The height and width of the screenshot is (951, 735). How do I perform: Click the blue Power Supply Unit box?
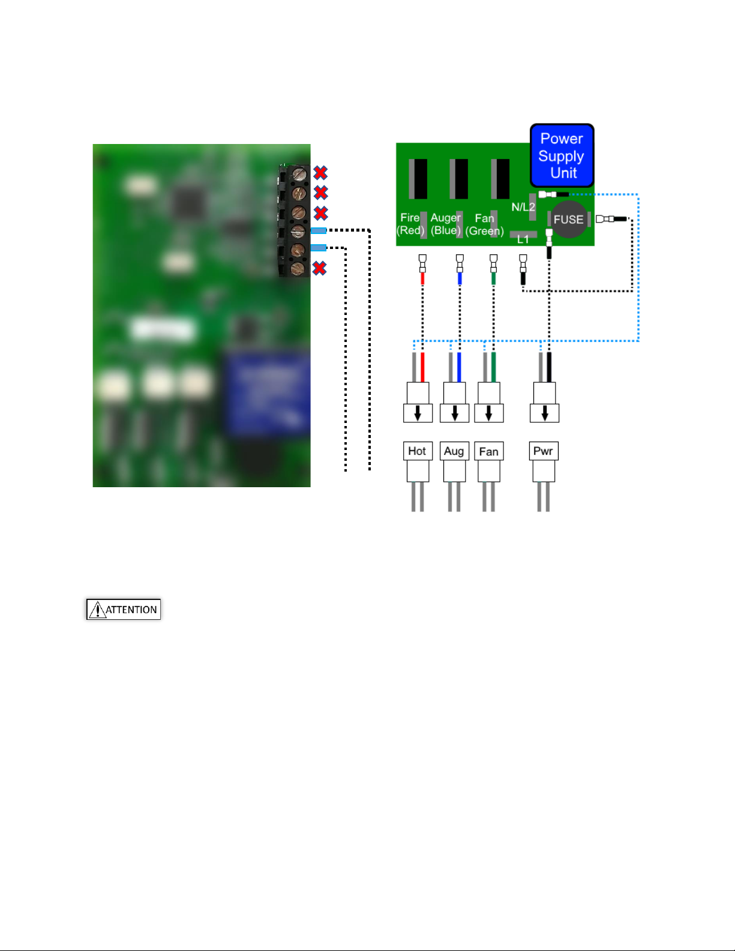coord(562,155)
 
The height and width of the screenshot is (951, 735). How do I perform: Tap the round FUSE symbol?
coord(569,219)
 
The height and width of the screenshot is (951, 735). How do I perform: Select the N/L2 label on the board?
coord(523,207)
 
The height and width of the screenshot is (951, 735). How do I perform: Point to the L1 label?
coord(523,239)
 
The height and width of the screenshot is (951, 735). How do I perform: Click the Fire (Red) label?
coord(410,224)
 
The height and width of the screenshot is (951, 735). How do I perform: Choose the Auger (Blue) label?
coord(445,224)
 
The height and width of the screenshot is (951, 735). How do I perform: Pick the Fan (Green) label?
coord(484,224)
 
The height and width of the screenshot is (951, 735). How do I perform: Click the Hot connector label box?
coord(418,451)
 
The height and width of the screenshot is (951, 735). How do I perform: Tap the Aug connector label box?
coord(454,451)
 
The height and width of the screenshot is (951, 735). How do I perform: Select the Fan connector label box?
coord(488,451)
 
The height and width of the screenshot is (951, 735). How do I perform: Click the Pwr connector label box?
coord(544,451)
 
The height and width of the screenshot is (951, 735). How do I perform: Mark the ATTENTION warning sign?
coord(124,609)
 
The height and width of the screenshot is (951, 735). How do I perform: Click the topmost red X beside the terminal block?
coord(320,173)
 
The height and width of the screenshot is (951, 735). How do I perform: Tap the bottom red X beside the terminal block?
coord(320,268)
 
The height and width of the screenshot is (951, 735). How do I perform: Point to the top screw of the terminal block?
coord(299,174)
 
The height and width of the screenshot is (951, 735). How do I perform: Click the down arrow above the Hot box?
coord(418,413)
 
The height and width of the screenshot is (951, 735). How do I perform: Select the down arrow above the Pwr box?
coord(545,413)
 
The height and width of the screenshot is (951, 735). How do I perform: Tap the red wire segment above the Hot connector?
coord(422,367)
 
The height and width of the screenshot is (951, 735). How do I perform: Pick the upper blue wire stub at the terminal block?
coord(319,230)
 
